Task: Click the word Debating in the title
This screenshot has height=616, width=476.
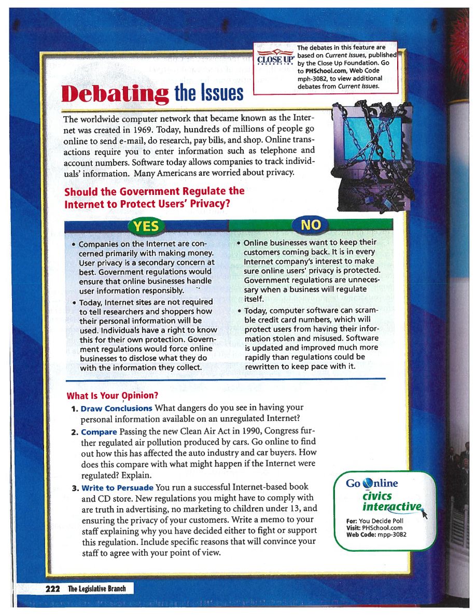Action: pyautogui.click(x=115, y=92)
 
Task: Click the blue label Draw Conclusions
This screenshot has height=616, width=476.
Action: pyautogui.click(x=117, y=408)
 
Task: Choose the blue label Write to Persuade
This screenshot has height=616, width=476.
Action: pyautogui.click(x=117, y=487)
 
